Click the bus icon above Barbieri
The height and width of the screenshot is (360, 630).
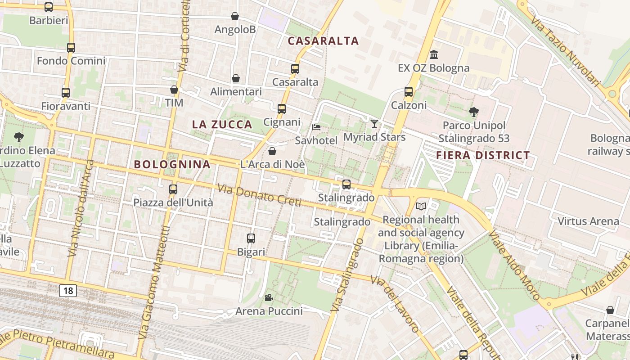point(49,7)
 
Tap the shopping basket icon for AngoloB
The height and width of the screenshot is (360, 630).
point(234,16)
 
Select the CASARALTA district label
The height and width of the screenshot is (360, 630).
point(323,41)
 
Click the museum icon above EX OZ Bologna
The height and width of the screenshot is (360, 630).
point(434,54)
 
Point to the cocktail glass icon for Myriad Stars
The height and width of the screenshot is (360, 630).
point(374,123)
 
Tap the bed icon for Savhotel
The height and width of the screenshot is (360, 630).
point(316,127)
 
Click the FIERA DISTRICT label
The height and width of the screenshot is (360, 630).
point(483,156)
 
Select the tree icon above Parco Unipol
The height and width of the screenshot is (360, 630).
point(473,112)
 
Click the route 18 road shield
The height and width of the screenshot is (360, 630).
point(68,291)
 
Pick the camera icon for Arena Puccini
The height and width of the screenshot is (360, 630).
point(269,297)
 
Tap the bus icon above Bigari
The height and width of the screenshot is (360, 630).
point(251,238)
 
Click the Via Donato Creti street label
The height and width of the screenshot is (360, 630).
point(260,196)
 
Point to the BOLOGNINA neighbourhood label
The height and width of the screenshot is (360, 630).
point(172,165)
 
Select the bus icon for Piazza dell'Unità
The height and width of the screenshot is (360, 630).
point(173,189)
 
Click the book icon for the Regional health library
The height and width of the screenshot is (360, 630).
point(421,206)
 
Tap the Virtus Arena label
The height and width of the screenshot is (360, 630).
point(588,221)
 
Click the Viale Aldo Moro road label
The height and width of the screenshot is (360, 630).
point(514,265)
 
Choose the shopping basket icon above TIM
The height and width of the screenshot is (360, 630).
point(174,90)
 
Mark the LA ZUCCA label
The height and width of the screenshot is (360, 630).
point(222,125)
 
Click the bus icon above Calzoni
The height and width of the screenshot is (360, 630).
point(409,92)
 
